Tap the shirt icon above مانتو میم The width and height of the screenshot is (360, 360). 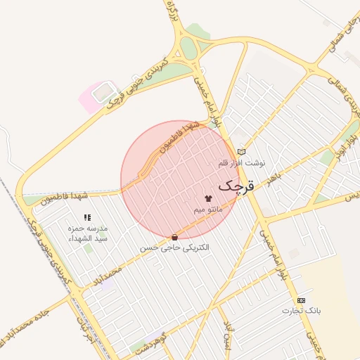point(207,198)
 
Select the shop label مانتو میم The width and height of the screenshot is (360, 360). point(209,210)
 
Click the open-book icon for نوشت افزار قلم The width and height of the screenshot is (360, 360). point(243,152)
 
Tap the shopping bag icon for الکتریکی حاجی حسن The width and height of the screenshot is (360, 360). point(174,238)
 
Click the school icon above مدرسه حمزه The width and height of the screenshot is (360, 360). point(87,218)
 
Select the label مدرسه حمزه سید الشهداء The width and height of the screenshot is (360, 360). point(87,233)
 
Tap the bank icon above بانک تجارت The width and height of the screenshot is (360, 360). point(302,300)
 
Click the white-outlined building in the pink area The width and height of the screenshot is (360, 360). point(104,91)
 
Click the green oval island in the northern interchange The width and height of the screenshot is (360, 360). point(188,48)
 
